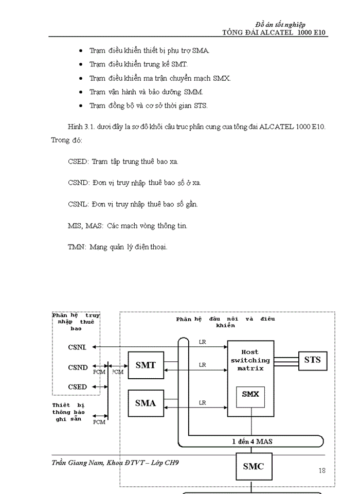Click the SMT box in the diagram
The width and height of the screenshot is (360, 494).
pos(146,365)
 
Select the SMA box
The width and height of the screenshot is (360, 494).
pos(146,403)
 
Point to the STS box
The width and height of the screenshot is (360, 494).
pos(312,359)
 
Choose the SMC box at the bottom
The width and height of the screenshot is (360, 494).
pos(253,466)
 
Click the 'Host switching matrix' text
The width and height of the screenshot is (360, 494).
pos(250,360)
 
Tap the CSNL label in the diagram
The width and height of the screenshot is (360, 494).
pos(77,347)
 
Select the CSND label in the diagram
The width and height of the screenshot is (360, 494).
pos(78,367)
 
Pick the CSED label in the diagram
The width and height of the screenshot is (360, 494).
pos(77,386)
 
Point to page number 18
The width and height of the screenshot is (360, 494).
pos(322,470)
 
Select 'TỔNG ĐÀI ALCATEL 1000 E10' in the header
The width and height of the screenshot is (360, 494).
pos(274,32)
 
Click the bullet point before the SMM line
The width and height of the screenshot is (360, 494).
pos(81,92)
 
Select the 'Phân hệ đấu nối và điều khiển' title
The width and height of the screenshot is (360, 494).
pos(225,322)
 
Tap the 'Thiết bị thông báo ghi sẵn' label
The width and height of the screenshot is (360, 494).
pos(68,412)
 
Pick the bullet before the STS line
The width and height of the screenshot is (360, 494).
pos(81,106)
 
